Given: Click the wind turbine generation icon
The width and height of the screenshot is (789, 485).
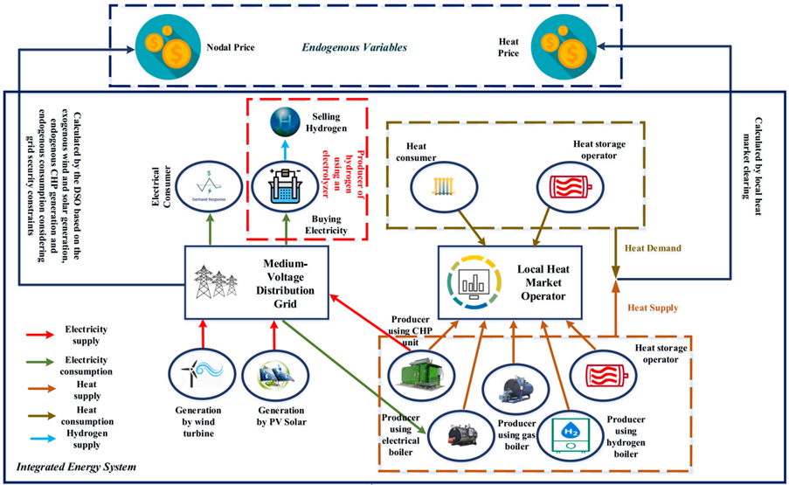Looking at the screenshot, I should (196, 375).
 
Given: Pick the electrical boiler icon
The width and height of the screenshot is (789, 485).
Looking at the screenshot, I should (458, 433).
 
